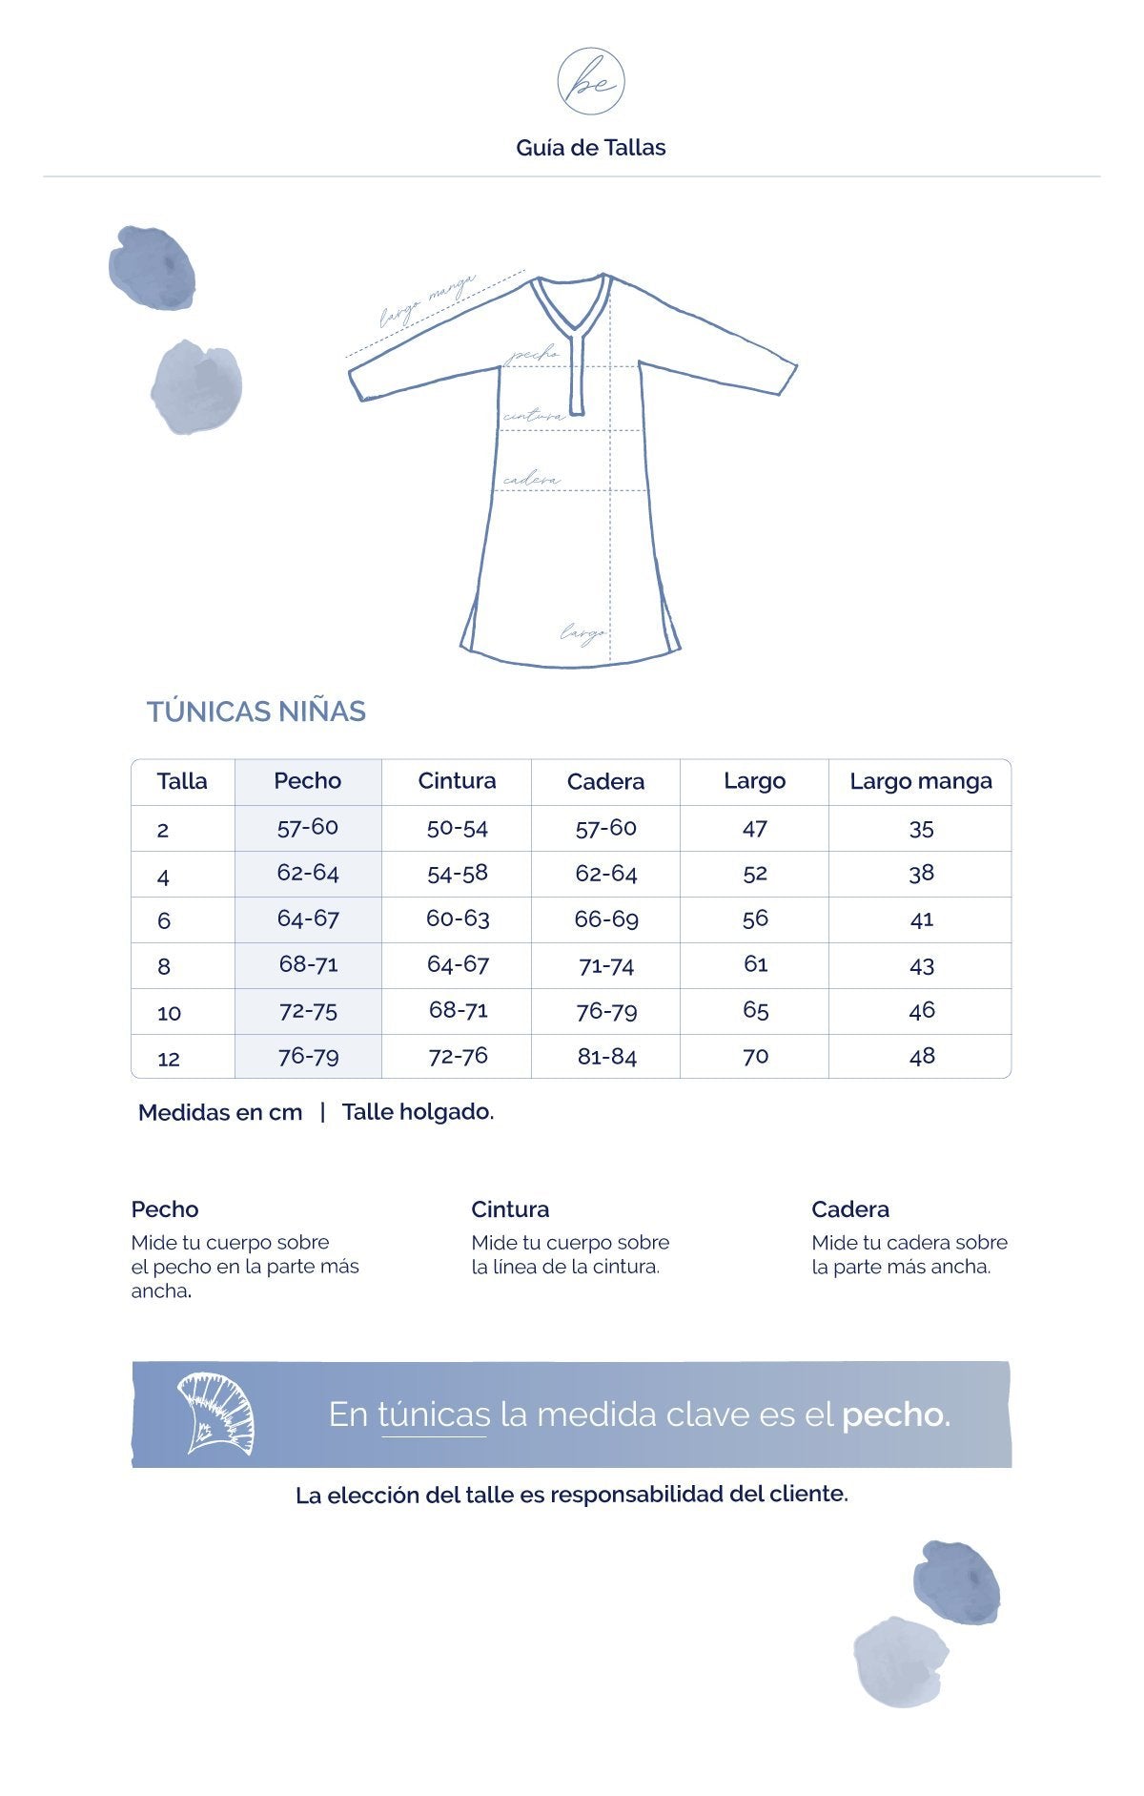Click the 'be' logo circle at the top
tap(591, 82)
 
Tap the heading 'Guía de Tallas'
tap(591, 148)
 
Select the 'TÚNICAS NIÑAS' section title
tap(256, 712)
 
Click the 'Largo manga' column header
tap(920, 781)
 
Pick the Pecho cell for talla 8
tap(308, 964)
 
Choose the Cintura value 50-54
tap(457, 827)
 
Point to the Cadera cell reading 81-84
tap(606, 1057)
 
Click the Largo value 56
tap(755, 919)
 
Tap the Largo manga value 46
tap(921, 1010)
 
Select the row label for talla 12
tap(169, 1058)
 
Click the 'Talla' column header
tap(182, 781)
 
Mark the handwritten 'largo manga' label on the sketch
tap(426, 300)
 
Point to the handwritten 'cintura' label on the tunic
tap(534, 416)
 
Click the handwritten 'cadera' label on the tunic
tap(531, 480)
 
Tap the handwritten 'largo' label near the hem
tap(582, 631)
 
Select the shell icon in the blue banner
tap(215, 1414)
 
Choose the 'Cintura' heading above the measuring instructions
tap(510, 1209)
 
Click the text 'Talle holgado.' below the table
tap(418, 1112)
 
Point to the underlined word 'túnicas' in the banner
tap(435, 1414)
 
